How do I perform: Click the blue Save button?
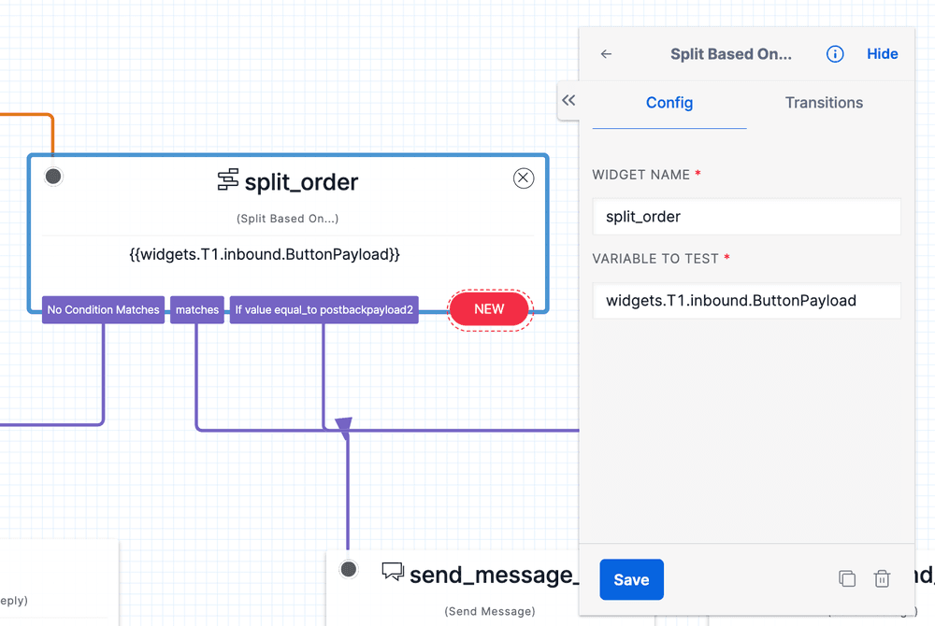coord(631,579)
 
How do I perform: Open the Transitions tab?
coord(824,103)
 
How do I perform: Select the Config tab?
coord(669,103)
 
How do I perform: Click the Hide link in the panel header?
coord(882,54)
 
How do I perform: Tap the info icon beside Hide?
coord(835,54)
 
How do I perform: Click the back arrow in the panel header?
coord(606,54)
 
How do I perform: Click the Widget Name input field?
coord(746,217)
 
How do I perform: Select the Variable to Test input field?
coord(746,301)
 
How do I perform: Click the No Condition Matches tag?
coord(104,310)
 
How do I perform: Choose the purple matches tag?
coord(197,310)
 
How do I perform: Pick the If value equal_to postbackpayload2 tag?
coord(324,310)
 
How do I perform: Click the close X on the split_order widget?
coord(524,178)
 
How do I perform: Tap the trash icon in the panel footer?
coord(882,579)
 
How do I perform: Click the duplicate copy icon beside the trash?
coord(847,579)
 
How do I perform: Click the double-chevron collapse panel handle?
coord(568,101)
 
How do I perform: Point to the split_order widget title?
coord(300,181)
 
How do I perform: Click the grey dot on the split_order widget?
coord(53,176)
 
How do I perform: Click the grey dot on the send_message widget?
coord(349,569)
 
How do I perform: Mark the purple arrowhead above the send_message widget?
coord(344,428)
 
